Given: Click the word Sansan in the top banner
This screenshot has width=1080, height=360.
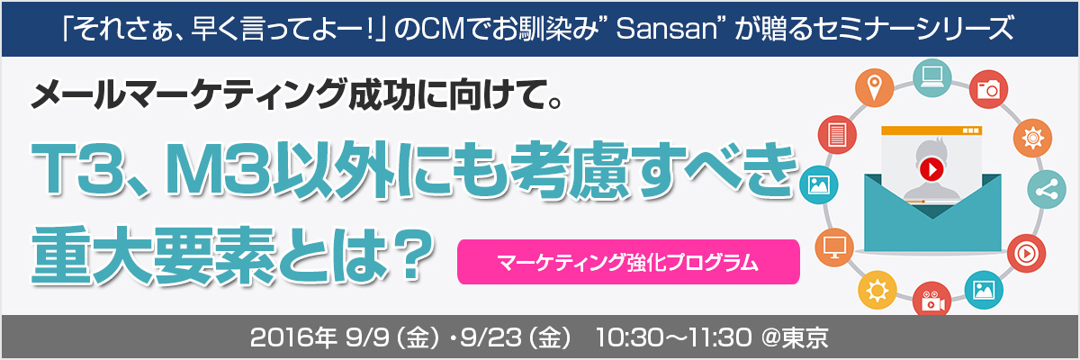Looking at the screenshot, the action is click(x=667, y=29).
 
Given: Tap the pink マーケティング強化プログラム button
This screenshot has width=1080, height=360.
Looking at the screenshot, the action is click(x=628, y=262).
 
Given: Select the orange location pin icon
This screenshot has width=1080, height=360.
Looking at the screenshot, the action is click(x=874, y=88).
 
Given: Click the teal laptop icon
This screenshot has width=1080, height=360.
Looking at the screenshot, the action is click(x=932, y=77).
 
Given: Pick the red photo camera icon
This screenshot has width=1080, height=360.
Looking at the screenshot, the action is click(x=988, y=89).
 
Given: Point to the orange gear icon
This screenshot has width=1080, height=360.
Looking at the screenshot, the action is click(x=1033, y=138).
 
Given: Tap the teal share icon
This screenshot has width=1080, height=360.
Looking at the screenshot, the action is click(x=1047, y=189).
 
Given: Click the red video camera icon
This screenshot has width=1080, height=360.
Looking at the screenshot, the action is click(x=932, y=301).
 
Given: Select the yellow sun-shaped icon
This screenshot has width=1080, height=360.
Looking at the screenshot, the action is click(x=877, y=290).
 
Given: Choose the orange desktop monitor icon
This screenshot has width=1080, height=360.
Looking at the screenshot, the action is click(x=834, y=247).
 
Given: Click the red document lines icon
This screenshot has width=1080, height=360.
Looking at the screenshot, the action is click(x=838, y=134).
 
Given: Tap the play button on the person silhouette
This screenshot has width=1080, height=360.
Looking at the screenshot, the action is click(x=931, y=169).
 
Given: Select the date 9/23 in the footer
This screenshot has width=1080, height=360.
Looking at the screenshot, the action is click(x=491, y=337).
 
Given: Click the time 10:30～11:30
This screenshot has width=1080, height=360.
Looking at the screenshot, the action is click(x=674, y=337).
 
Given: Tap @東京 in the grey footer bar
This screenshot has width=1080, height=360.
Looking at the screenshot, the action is click(x=795, y=337).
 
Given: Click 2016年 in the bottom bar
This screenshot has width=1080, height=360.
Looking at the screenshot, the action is click(x=293, y=337).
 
